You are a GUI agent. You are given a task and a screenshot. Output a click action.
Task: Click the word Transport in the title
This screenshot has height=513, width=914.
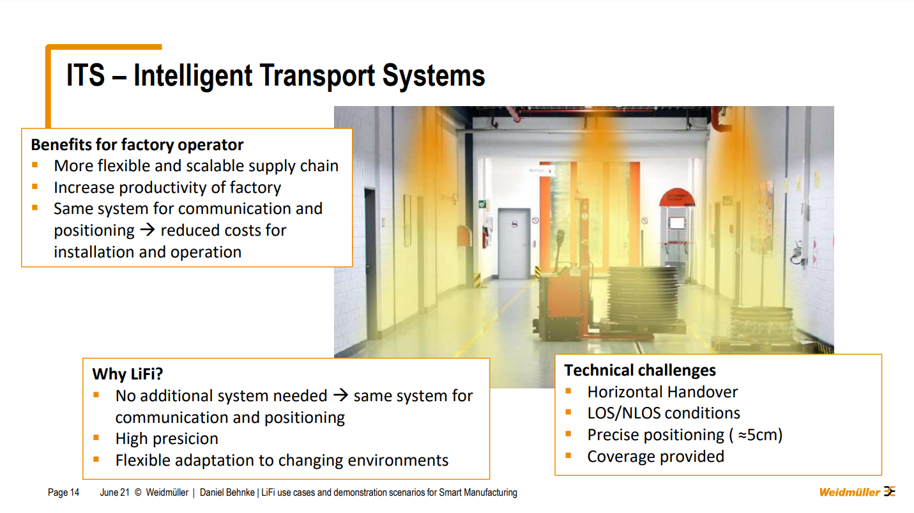[317, 76]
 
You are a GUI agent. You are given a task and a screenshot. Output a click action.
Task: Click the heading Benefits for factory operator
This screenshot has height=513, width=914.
[137, 145]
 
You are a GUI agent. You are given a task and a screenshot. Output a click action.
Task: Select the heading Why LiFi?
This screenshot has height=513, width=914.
[127, 374]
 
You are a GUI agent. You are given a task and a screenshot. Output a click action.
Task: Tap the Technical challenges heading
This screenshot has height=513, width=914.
[640, 370]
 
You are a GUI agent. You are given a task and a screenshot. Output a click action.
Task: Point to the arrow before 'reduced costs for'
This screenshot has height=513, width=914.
[148, 230]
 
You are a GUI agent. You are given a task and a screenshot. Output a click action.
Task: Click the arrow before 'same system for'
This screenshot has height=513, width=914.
[340, 395]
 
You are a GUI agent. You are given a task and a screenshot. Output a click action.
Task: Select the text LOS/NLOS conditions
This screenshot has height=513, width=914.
[664, 413]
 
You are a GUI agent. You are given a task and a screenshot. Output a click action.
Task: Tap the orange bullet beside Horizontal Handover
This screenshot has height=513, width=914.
[568, 392]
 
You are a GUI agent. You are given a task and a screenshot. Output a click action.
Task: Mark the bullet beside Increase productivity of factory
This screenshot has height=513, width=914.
[34, 187]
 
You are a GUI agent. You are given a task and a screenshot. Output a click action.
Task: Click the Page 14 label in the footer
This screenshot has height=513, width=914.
[63, 493]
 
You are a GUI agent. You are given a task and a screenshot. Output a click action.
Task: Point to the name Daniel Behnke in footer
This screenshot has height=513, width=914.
[227, 493]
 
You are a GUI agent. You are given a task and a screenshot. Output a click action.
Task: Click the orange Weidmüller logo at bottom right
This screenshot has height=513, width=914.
[857, 492]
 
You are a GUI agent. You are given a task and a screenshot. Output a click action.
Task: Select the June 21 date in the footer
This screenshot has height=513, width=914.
[115, 493]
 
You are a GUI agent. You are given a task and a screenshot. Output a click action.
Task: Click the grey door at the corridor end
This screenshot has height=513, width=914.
[514, 243]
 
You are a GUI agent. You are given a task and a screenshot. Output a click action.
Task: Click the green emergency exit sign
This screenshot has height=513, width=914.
[482, 204]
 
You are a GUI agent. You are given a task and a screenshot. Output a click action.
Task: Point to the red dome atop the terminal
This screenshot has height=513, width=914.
[677, 197]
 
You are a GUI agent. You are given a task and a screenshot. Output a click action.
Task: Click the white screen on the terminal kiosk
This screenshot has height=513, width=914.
[676, 223]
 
